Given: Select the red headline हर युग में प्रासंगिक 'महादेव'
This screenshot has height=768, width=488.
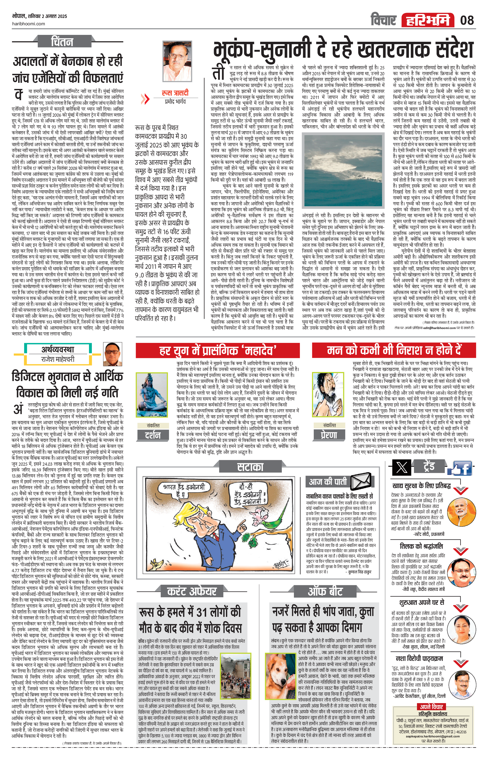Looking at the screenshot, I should [x=218, y=350].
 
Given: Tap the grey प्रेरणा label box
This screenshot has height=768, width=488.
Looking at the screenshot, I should [x=329, y=435].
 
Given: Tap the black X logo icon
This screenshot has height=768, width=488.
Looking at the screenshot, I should [x=401, y=468].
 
